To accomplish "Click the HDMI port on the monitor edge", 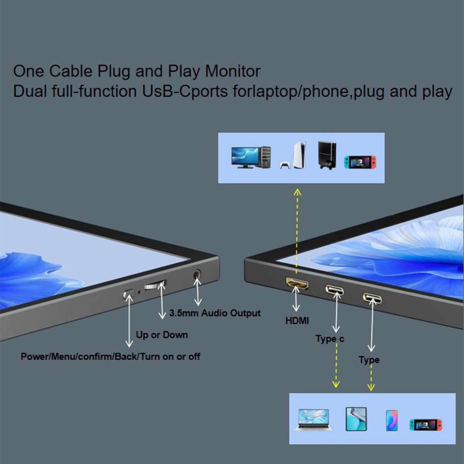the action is point(297,283).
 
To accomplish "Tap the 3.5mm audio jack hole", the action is point(197,274).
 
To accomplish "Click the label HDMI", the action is point(297,321).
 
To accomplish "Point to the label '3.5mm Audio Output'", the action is point(215,313).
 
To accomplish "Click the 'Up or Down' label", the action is point(162,335).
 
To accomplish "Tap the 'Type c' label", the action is point(330,339).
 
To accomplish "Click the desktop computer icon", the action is point(251,157).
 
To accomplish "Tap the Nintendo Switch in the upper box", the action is point(360,162).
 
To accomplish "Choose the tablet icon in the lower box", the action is point(356,419).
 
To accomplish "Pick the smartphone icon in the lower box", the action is point(392,420).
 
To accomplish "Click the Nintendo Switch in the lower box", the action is point(426,425).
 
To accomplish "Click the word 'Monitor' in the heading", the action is point(233,71).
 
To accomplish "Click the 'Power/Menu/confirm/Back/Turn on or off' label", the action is point(110,357).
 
